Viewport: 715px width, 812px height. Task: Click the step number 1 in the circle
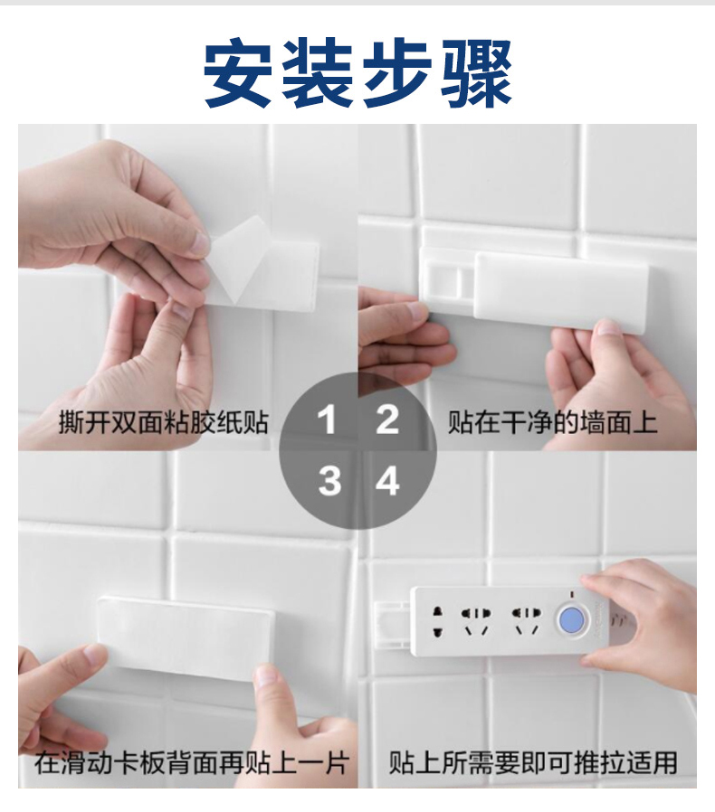pyautogui.click(x=327, y=420)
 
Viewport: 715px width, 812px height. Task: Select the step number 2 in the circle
pyautogui.click(x=387, y=420)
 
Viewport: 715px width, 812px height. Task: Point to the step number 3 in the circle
pyautogui.click(x=329, y=480)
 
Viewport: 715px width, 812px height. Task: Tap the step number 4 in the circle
pyautogui.click(x=387, y=480)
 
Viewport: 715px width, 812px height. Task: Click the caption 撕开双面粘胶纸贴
pyautogui.click(x=163, y=422)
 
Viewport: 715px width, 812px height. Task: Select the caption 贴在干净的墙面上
pyautogui.click(x=553, y=422)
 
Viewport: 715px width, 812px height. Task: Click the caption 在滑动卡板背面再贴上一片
pyautogui.click(x=190, y=763)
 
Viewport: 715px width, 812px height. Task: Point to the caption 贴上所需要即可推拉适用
pyautogui.click(x=533, y=763)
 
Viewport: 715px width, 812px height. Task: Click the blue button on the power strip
pyautogui.click(x=571, y=620)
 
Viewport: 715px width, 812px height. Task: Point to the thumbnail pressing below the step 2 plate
pyautogui.click(x=609, y=328)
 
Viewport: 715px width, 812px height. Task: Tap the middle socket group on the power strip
pyautogui.click(x=475, y=621)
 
